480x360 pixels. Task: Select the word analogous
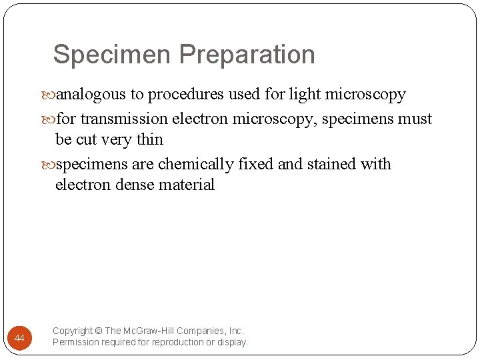pyautogui.click(x=89, y=95)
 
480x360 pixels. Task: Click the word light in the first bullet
pyautogui.click(x=304, y=95)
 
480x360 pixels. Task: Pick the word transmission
pyautogui.click(x=125, y=119)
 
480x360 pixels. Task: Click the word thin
pyautogui.click(x=149, y=139)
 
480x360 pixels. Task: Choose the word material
pyautogui.click(x=187, y=185)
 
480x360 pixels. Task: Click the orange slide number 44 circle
pyautogui.click(x=19, y=339)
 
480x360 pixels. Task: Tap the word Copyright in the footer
pyautogui.click(x=73, y=331)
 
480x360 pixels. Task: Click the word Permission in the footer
pyautogui.click(x=75, y=342)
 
